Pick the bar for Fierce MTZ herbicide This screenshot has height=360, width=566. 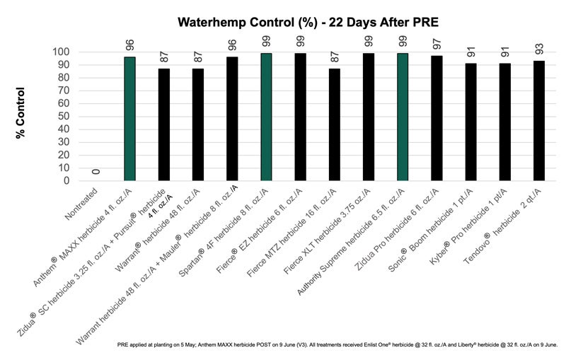coord(334,124)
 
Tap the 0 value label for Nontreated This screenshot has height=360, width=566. coord(96,171)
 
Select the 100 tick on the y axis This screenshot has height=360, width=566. coord(62,52)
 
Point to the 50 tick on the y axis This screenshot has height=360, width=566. coord(64,117)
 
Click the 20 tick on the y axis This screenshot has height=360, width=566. coord(64,155)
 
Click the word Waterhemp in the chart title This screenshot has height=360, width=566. coord(210,23)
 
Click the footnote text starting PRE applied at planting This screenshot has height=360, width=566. coord(337,345)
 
